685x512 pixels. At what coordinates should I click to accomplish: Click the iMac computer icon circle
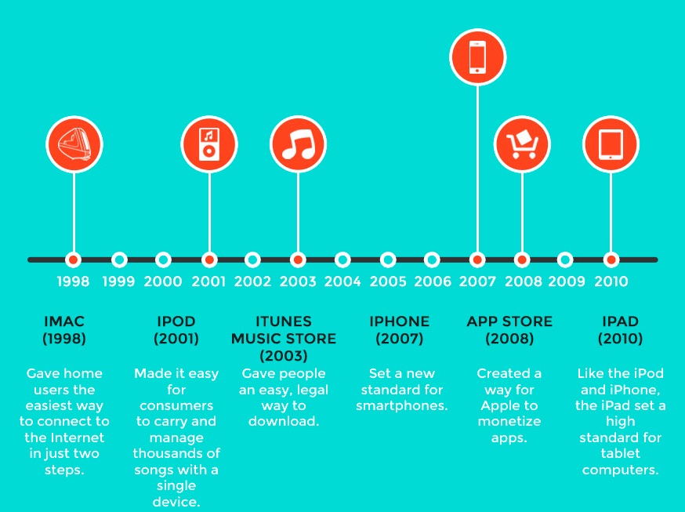(74, 144)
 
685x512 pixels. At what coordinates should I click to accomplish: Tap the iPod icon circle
(209, 144)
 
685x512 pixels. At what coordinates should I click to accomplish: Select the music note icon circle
(299, 144)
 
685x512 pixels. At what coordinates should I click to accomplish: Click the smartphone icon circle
(478, 56)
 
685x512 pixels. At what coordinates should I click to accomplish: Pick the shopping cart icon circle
(522, 144)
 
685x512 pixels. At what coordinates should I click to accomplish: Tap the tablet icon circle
(611, 144)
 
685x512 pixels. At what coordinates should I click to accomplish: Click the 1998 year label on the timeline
(73, 281)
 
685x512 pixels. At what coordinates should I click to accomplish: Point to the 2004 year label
(342, 281)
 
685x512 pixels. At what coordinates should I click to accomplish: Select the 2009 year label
(567, 281)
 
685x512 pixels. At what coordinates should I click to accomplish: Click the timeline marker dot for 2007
(477, 260)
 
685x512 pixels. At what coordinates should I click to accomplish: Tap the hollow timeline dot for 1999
(119, 260)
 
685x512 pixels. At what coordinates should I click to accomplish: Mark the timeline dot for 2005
(387, 260)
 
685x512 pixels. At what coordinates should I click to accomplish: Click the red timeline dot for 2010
(611, 260)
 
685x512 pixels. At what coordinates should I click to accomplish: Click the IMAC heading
(64, 321)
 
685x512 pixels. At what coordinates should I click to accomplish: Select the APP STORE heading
(509, 321)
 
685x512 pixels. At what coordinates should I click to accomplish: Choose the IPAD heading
(621, 321)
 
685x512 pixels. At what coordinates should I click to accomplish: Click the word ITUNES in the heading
(284, 321)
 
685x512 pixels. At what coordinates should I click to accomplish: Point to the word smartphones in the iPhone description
(402, 406)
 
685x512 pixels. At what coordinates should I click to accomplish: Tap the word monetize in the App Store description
(509, 422)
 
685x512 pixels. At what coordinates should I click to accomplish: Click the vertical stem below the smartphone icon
(477, 169)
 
